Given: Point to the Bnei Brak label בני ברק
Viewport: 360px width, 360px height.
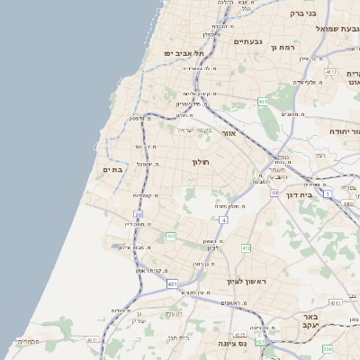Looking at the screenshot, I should point(303,13).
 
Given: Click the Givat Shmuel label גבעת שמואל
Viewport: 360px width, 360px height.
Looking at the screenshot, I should point(337,29).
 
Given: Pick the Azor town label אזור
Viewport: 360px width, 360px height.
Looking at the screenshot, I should point(229,133).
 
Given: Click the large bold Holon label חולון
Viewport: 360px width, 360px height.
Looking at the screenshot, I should point(200,162).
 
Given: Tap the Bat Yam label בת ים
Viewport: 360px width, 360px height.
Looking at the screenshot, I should point(112,170).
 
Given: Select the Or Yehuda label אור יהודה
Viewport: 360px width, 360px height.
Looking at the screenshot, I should point(339,131).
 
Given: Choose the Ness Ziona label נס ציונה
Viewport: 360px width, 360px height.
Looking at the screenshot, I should point(232,343).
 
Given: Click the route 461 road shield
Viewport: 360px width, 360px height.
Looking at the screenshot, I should point(262,102).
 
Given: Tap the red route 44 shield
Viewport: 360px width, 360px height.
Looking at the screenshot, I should point(274,193).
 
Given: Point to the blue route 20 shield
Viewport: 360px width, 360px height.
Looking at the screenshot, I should point(138,214).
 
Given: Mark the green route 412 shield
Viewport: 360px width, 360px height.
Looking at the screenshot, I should point(246,247).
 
